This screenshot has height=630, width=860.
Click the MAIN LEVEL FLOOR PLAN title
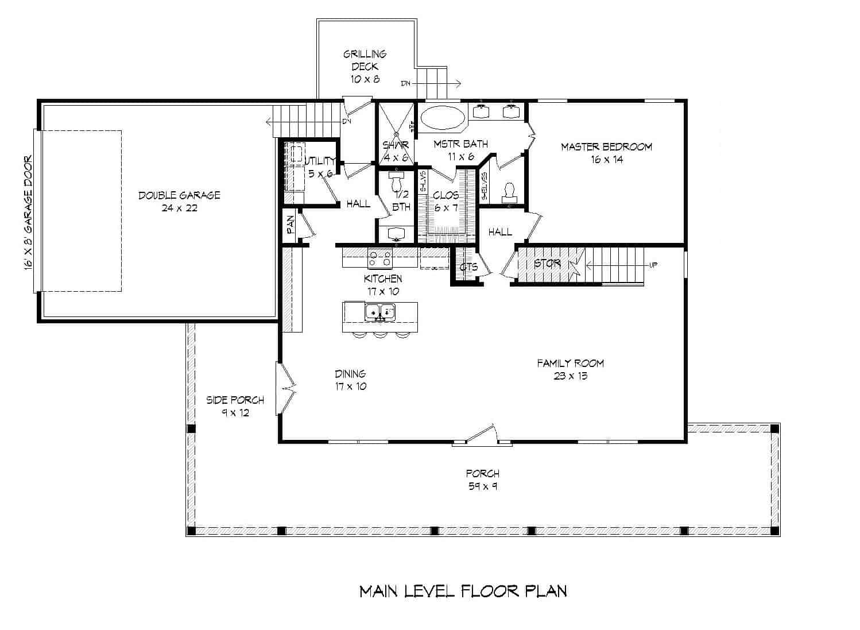pos(463,591)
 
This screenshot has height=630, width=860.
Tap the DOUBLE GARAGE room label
pos(179,195)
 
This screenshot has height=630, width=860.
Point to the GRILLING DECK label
pos(365,60)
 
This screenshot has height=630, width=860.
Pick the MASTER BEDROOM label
pos(606,147)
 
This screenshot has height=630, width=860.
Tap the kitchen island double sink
pos(380,312)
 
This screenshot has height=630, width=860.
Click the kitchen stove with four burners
pos(379,258)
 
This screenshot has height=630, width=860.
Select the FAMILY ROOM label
pos(570,363)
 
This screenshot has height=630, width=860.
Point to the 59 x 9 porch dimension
pos(482,486)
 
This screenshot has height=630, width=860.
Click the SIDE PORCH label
pos(235,400)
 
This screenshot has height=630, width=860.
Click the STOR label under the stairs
pos(547,264)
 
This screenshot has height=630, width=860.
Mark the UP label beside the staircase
pos(653,265)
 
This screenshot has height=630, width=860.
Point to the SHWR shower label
pos(396,145)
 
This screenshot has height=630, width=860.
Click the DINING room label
pos(350,374)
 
